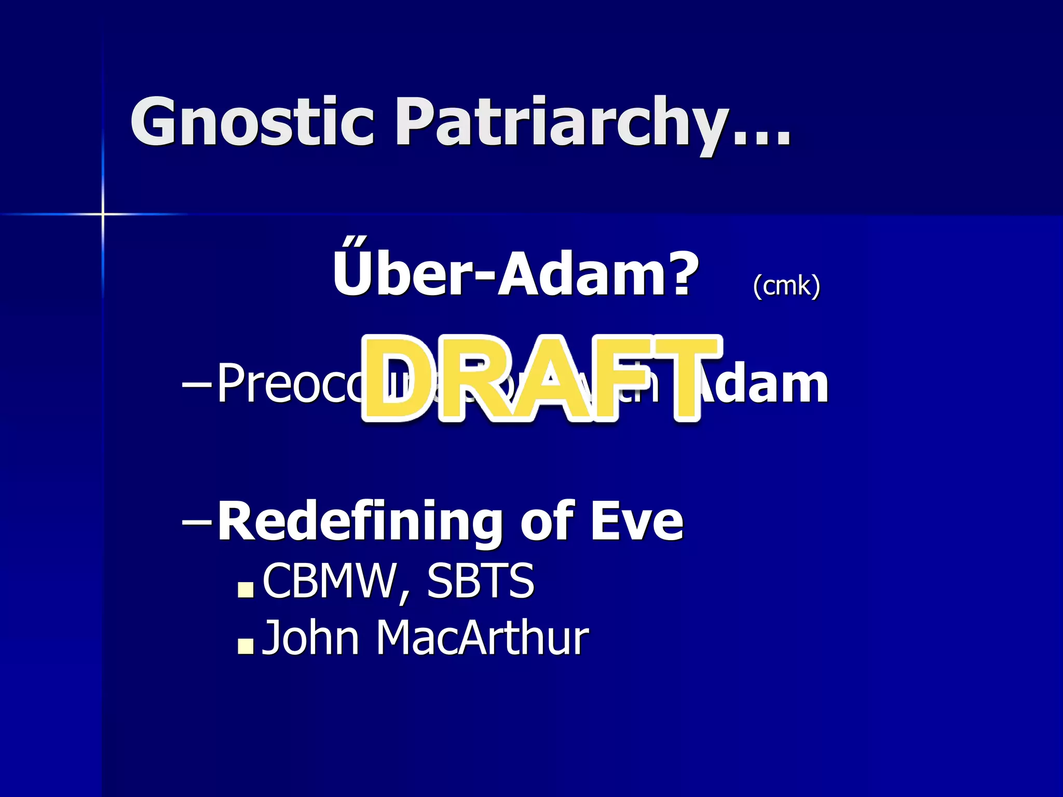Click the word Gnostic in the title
pyautogui.click(x=252, y=122)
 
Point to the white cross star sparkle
pyautogui.click(x=103, y=213)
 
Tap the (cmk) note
pyautogui.click(x=786, y=285)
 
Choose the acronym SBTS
pyautogui.click(x=480, y=581)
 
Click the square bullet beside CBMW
pyautogui.click(x=245, y=589)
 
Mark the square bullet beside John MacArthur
pyautogui.click(x=245, y=645)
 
